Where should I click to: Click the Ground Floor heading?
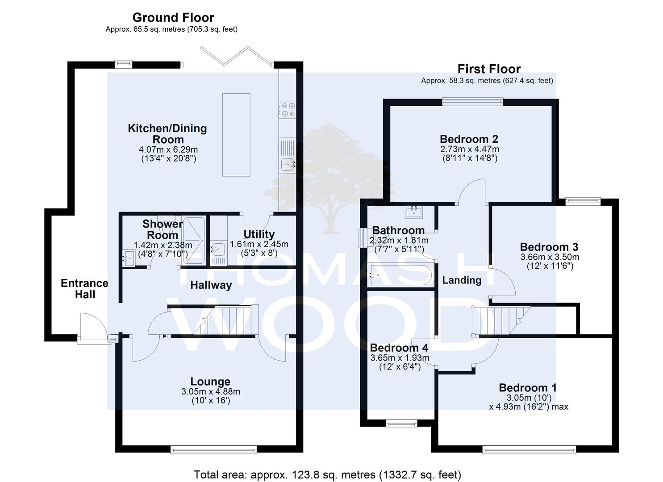[173, 18]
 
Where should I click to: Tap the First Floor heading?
[489, 69]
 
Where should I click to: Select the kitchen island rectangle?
[236, 135]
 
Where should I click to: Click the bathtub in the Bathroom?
[401, 275]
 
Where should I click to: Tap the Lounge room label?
[210, 382]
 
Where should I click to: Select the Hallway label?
[211, 285]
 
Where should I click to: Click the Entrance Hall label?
[85, 289]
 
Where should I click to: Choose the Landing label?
[462, 280]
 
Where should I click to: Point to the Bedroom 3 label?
[549, 247]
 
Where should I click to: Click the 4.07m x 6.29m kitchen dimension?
[168, 150]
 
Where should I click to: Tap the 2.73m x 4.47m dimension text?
[469, 149]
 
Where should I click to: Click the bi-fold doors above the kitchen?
[237, 56]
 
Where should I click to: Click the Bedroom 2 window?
[473, 102]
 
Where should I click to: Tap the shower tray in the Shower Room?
[194, 241]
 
